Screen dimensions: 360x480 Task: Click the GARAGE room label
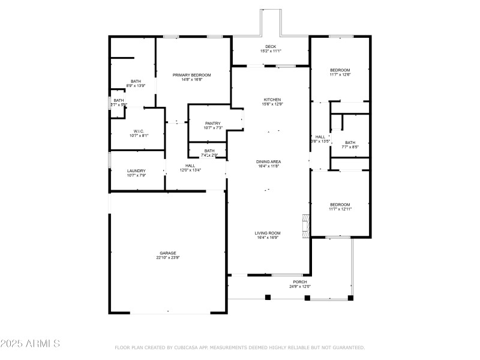tap(168, 253)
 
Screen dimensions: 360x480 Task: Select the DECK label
tap(271, 46)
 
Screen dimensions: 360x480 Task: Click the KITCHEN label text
tap(272, 100)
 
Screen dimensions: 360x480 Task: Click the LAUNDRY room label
tap(137, 171)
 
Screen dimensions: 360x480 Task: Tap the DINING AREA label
tap(269, 161)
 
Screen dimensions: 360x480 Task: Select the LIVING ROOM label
tap(268, 233)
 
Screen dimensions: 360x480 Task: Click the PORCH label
tap(300, 282)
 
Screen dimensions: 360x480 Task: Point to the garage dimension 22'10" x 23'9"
tap(168, 258)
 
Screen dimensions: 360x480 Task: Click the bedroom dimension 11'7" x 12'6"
tap(340, 75)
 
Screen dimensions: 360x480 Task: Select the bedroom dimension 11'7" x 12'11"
tap(340, 209)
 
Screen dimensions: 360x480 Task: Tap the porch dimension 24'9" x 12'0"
tap(300, 287)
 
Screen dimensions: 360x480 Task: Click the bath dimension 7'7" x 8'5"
tap(350, 147)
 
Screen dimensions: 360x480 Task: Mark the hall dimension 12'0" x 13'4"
tap(190, 170)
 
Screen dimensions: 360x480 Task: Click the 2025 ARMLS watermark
tap(30, 344)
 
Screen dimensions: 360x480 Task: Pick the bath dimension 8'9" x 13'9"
tap(136, 86)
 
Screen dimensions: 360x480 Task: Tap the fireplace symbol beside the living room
tap(307, 223)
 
